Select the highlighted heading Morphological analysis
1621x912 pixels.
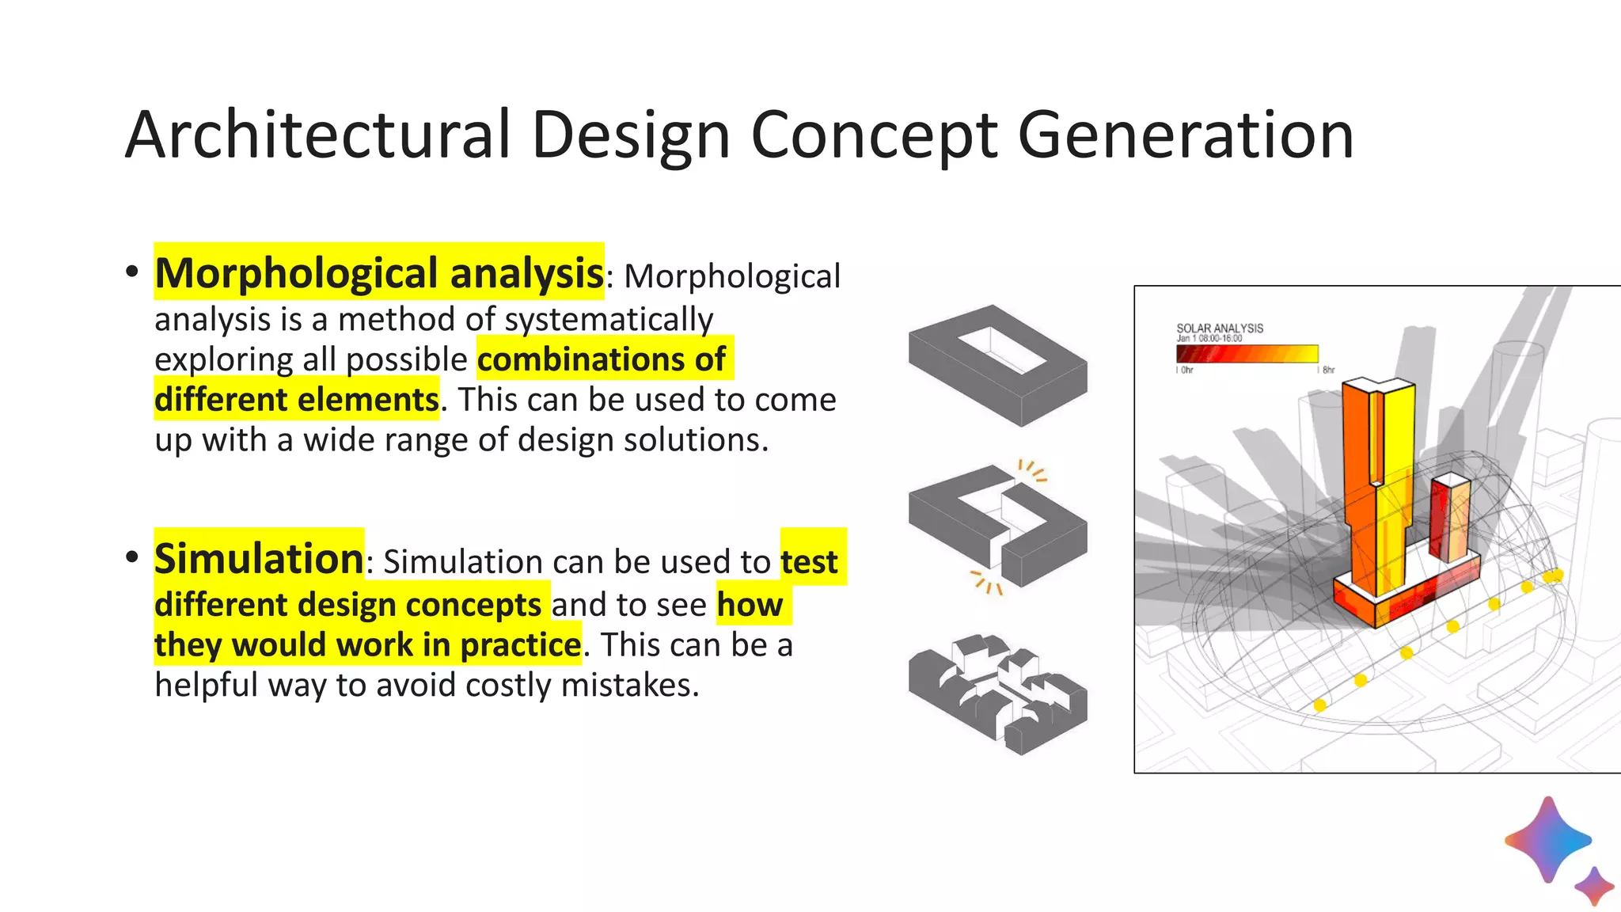coord(379,273)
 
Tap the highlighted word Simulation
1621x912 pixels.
coord(259,558)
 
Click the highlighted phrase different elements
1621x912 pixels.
coord(296,399)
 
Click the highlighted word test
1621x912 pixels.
coord(809,561)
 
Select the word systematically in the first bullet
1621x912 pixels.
coord(609,319)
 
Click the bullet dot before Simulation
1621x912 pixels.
coord(132,557)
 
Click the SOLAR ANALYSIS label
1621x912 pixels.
coord(1219,328)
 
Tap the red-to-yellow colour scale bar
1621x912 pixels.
coord(1247,354)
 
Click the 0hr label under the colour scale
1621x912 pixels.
coord(1186,370)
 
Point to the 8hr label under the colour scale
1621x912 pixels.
coord(1328,370)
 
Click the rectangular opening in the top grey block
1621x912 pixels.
coord(1002,349)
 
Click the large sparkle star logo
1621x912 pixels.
coord(1547,840)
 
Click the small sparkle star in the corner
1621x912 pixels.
coord(1594,885)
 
